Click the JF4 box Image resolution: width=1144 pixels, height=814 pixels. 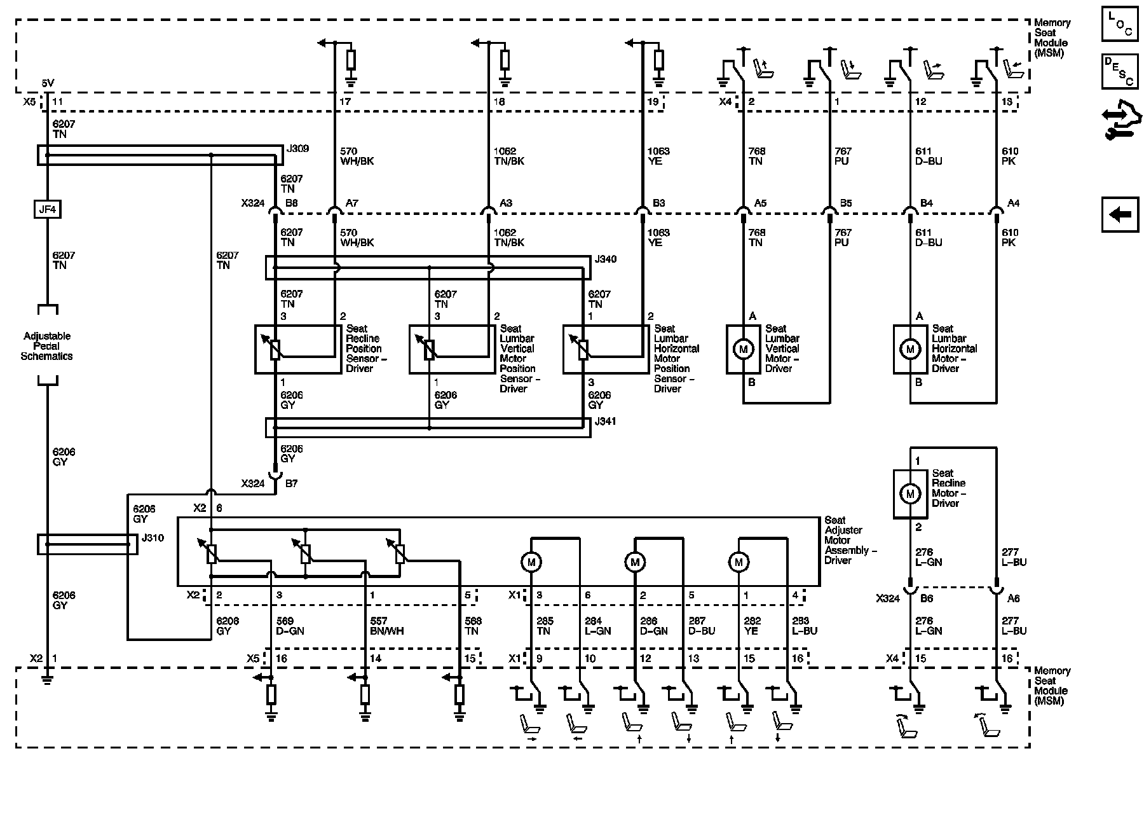click(x=47, y=209)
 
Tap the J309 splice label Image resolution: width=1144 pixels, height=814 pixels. click(x=297, y=149)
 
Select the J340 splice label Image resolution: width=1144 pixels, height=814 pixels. click(x=606, y=259)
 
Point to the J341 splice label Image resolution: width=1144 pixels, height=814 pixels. click(x=606, y=422)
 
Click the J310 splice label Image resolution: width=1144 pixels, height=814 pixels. click(x=153, y=538)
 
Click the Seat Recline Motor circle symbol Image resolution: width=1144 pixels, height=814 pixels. click(x=910, y=493)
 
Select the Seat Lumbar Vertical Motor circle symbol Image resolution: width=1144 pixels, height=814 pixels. click(x=743, y=348)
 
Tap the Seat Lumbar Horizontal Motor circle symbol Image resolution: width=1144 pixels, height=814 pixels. click(x=910, y=348)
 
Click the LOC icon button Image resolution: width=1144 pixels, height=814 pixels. click(x=1120, y=24)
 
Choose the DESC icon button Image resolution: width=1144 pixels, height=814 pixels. click(x=1120, y=71)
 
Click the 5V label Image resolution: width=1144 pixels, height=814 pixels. click(x=48, y=83)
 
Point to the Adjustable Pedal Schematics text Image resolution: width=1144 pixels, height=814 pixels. click(x=47, y=346)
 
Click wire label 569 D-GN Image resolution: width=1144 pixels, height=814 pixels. click(x=291, y=626)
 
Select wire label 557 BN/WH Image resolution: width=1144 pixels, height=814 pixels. click(x=386, y=626)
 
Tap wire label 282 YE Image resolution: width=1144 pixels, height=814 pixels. click(x=751, y=626)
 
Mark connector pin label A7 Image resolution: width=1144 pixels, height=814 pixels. click(x=352, y=203)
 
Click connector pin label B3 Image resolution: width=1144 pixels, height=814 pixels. click(x=659, y=203)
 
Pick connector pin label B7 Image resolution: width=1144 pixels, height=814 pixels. click(x=291, y=484)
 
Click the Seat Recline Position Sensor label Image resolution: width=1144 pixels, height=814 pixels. click(x=367, y=348)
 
